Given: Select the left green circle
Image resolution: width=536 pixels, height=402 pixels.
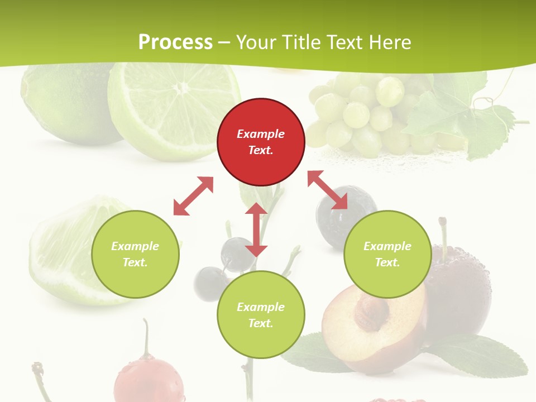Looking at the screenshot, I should (135, 254).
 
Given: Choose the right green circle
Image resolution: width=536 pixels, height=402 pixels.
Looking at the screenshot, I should (387, 254).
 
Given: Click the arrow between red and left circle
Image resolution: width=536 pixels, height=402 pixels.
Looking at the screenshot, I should (193, 196).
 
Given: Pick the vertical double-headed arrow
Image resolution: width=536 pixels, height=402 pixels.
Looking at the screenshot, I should (256, 229).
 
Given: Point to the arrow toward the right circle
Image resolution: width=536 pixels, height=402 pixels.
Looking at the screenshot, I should (327, 190).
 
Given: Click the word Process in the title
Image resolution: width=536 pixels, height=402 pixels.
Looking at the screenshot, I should (175, 42).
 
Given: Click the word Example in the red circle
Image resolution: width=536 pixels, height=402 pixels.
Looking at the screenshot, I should (261, 134).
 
